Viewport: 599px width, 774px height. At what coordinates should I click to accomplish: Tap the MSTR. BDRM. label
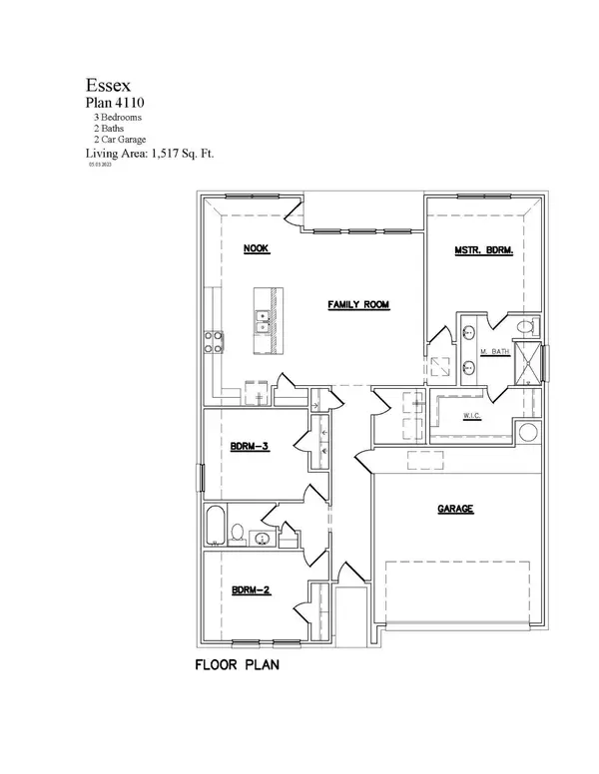(x=483, y=252)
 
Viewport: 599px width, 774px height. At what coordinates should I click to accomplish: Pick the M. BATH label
(x=496, y=353)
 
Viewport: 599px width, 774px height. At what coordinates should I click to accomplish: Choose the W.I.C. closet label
(x=473, y=416)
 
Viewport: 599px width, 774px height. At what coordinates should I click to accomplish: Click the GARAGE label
(x=454, y=509)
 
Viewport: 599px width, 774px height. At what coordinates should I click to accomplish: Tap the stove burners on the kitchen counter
(x=213, y=341)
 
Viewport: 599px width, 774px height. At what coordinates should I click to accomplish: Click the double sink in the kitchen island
(x=262, y=321)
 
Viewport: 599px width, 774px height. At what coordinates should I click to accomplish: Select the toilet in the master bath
(x=527, y=326)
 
